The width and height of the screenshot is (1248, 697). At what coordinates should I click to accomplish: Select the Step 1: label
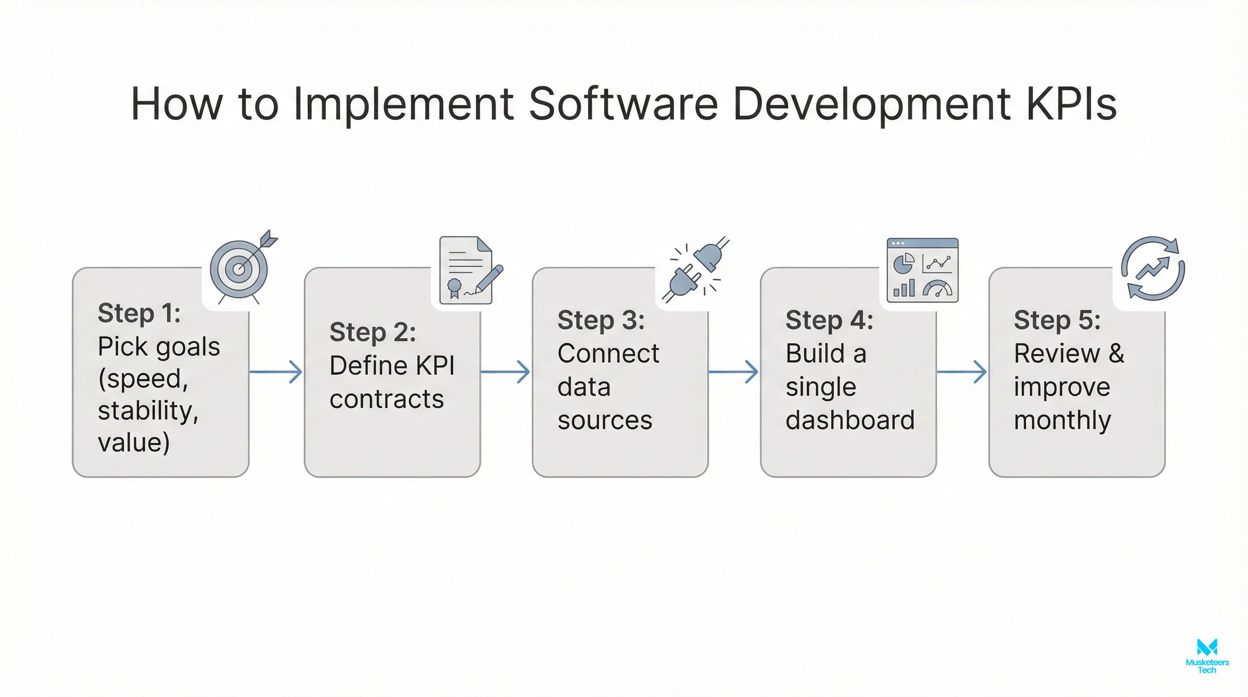click(x=139, y=313)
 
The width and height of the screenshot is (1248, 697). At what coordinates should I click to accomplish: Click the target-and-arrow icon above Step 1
click(x=241, y=268)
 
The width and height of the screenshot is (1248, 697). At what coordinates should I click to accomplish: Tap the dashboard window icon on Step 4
click(x=922, y=270)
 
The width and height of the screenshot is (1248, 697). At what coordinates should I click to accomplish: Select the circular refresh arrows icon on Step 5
click(x=1153, y=269)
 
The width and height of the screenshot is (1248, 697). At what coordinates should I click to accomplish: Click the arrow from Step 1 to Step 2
click(x=276, y=372)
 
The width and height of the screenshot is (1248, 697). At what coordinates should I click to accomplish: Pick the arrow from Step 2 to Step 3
click(x=505, y=372)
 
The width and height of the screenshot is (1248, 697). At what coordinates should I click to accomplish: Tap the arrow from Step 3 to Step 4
click(x=733, y=372)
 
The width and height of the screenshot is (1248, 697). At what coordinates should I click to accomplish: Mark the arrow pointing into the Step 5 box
click(x=962, y=372)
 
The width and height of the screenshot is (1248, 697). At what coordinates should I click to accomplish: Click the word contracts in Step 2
click(x=386, y=399)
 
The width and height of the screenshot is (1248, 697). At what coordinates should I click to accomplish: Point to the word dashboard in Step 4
click(x=850, y=420)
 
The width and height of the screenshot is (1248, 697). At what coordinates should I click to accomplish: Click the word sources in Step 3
click(x=604, y=420)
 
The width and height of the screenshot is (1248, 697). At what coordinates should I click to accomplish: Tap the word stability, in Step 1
click(x=148, y=411)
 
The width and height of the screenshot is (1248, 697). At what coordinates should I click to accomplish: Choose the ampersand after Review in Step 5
click(x=1116, y=353)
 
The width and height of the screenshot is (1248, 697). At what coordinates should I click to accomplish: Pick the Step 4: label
click(x=829, y=320)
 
